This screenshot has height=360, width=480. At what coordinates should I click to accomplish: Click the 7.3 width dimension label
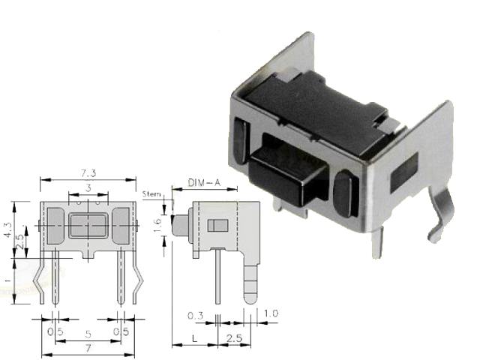pyautogui.click(x=88, y=173)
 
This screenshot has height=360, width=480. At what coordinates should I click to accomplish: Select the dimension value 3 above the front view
pyautogui.click(x=88, y=187)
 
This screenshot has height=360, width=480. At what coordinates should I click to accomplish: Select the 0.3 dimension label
pyautogui.click(x=193, y=316)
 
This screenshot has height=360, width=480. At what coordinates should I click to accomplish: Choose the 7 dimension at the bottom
pyautogui.click(x=88, y=349)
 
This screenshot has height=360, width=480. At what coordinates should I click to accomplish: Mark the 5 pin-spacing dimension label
pyautogui.click(x=88, y=333)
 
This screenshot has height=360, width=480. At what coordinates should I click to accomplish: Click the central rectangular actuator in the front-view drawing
pyautogui.click(x=88, y=224)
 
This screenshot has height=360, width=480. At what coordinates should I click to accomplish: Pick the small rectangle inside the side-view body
pyautogui.click(x=217, y=225)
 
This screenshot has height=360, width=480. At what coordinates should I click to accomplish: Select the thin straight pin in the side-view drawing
pyautogui.click(x=217, y=277)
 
